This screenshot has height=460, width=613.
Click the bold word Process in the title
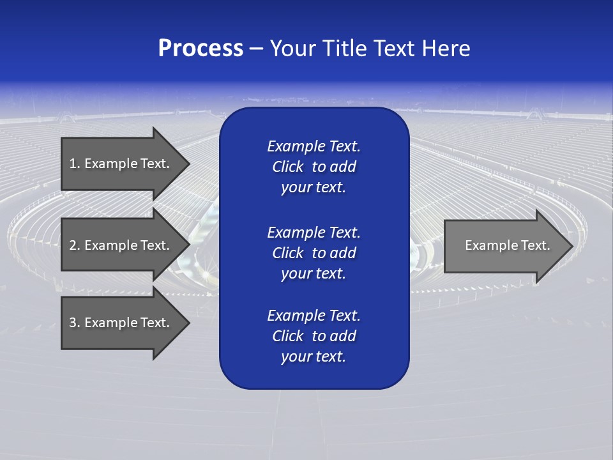pos(201,49)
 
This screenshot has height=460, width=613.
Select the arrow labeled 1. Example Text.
pos(121,164)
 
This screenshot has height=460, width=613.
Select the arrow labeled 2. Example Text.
pos(121,245)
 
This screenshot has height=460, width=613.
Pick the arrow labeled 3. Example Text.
pos(121,323)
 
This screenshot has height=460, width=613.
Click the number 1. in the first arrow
pos(74,164)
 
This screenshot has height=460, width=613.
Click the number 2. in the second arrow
pos(74,245)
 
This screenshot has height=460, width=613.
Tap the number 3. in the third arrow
pos(74,323)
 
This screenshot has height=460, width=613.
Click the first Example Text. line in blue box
pos(314,146)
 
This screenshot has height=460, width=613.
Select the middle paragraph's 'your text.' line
pos(314,273)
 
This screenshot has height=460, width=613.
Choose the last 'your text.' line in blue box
pos(314,357)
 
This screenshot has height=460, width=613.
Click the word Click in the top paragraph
pos(287,167)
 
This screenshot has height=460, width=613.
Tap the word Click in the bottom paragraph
pos(287,336)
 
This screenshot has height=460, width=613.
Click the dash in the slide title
pos(256,49)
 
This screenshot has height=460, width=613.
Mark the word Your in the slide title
pos(292,49)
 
